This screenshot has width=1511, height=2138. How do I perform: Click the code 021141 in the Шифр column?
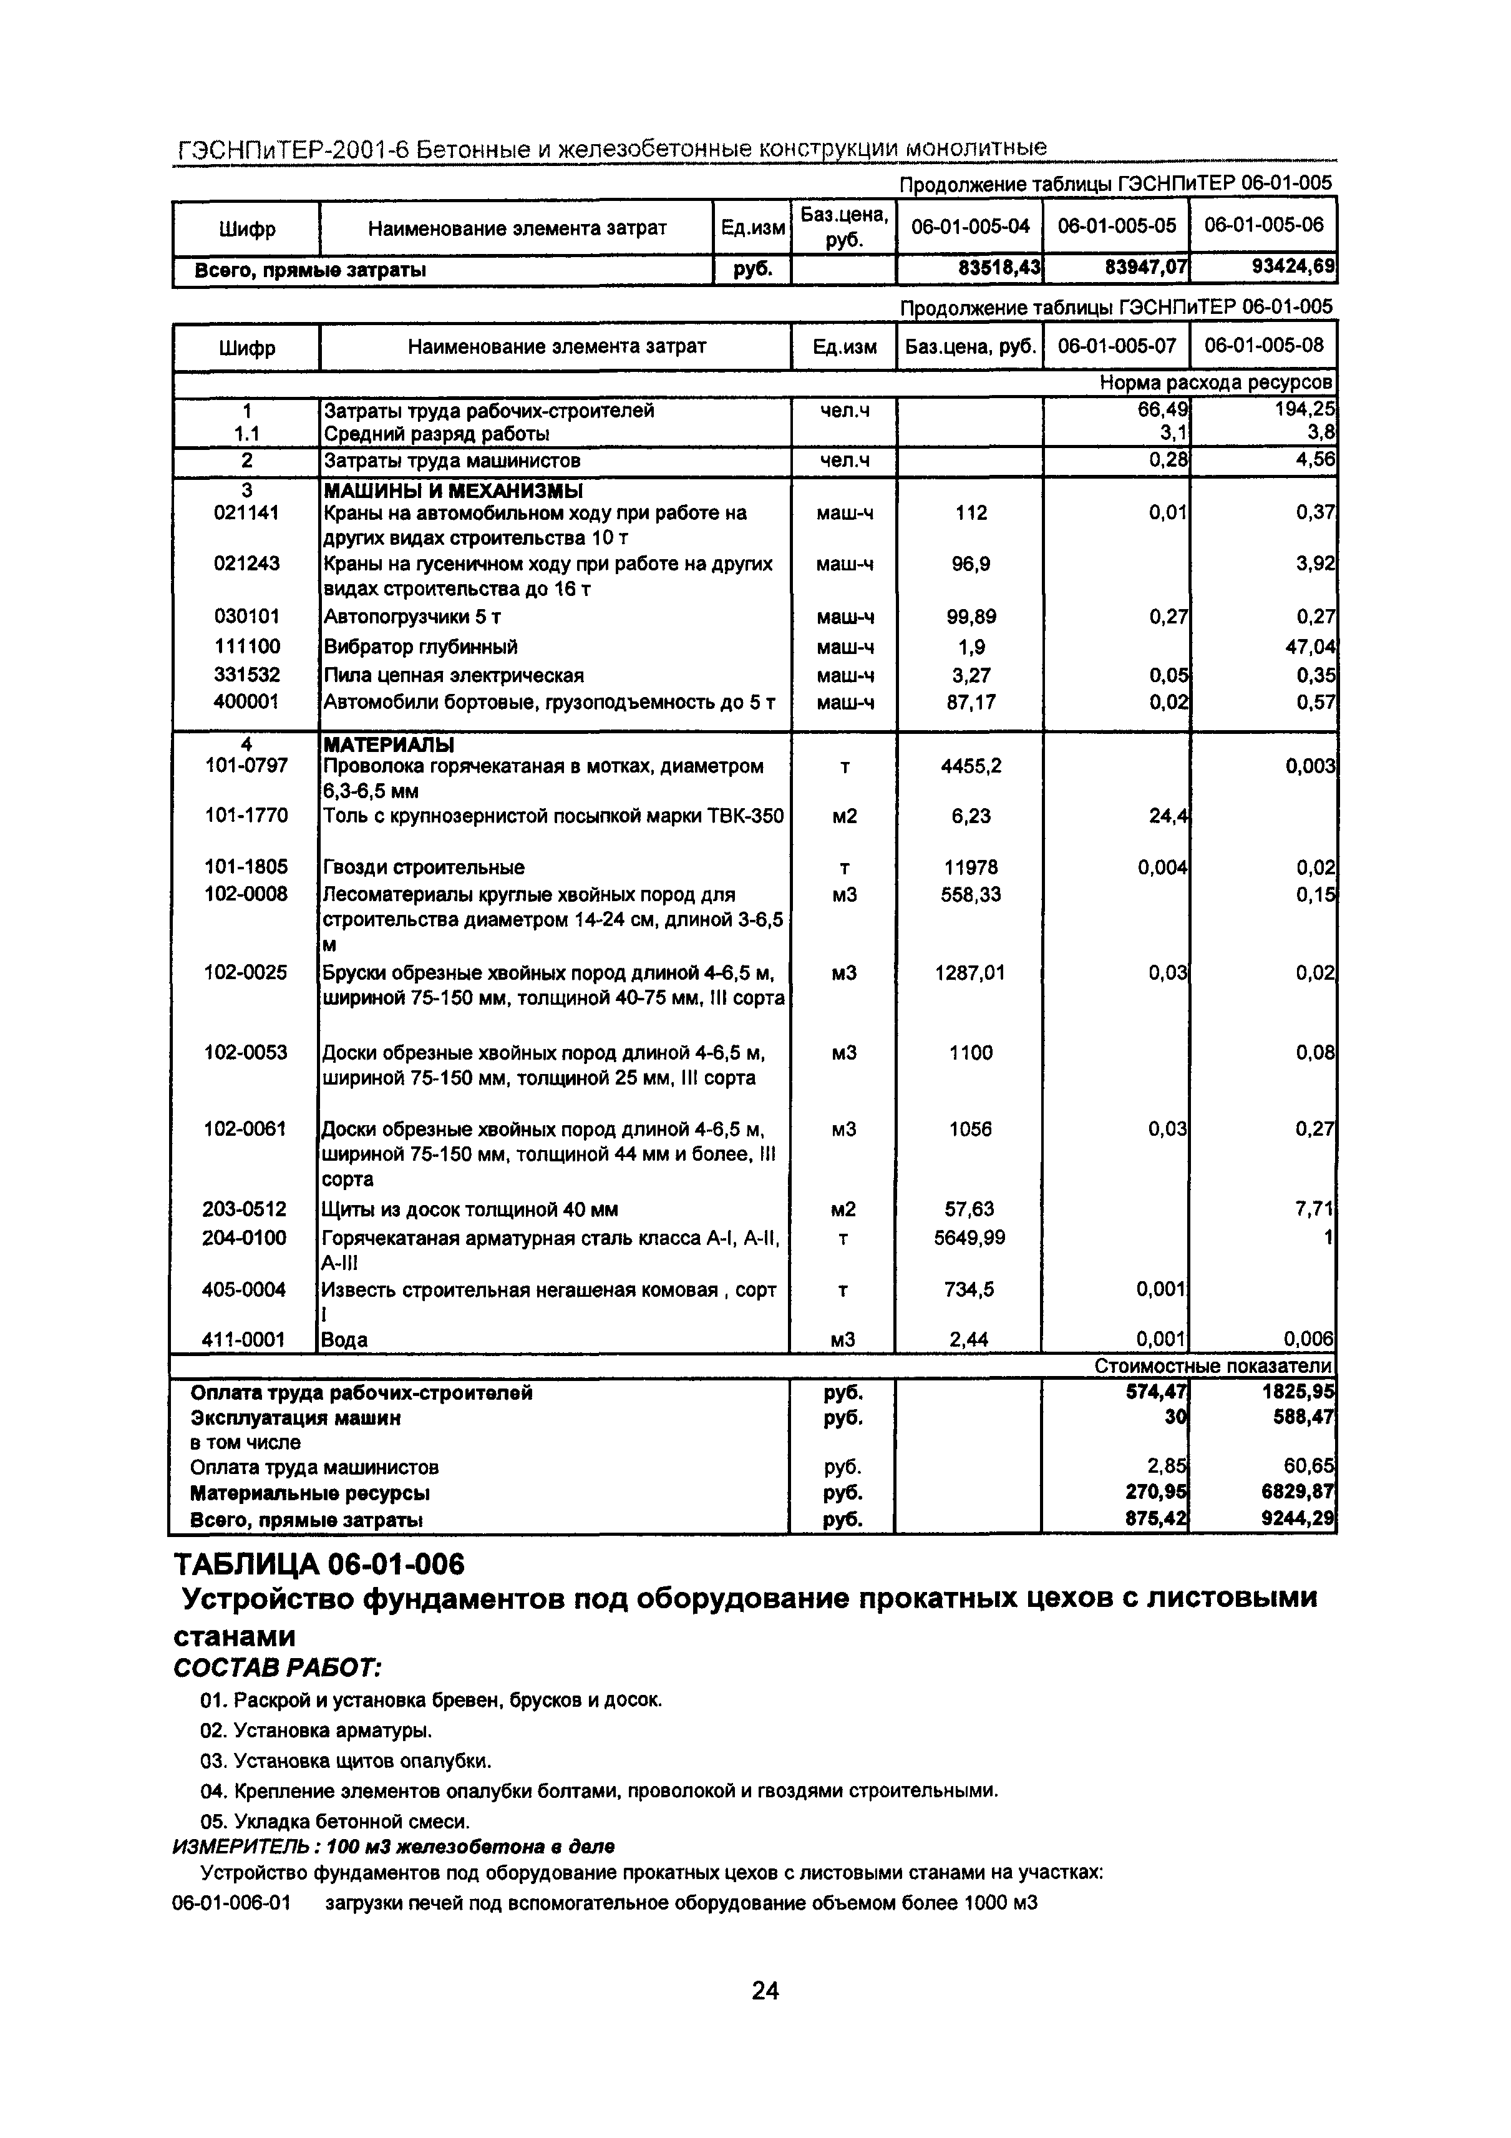[246, 513]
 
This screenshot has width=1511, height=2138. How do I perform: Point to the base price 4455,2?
[970, 766]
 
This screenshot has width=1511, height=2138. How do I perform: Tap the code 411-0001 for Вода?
[246, 1339]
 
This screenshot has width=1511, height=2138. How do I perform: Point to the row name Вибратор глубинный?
[420, 647]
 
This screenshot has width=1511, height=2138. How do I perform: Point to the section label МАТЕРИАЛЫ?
[388, 745]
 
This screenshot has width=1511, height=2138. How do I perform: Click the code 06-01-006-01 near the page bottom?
[231, 1903]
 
